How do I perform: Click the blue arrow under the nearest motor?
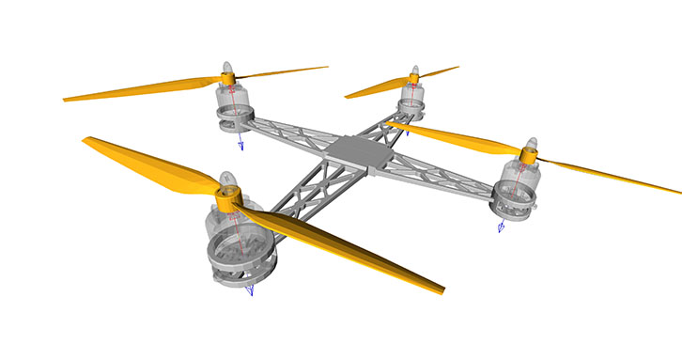pos(250,290)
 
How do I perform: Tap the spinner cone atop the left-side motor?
pos(226,69)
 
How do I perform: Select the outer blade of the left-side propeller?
pos(132,90)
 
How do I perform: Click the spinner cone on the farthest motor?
pos(412,71)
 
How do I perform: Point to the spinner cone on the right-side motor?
pos(529,146)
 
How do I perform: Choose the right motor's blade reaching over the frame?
pos(451,137)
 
